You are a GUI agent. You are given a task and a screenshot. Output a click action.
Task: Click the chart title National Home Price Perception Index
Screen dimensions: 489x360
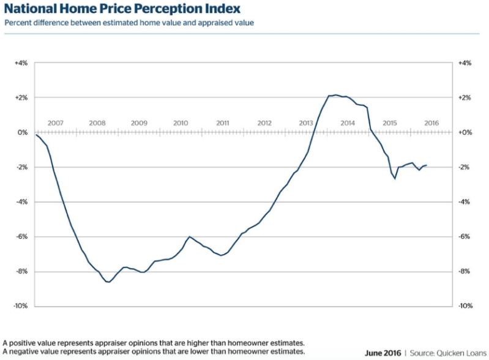122,9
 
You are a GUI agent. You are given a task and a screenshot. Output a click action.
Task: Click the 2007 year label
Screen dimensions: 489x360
55,123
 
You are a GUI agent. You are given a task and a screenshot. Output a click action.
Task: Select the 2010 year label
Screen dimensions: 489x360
181,123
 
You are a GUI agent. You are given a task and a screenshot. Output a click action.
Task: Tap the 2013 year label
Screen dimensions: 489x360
306,123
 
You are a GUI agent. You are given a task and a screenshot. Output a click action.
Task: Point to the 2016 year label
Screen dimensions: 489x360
431,123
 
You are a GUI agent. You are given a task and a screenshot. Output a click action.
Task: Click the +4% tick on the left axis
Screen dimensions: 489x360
21,63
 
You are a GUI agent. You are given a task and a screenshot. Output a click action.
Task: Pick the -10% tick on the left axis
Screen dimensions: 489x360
21,306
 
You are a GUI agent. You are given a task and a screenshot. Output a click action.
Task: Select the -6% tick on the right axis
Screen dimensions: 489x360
464,237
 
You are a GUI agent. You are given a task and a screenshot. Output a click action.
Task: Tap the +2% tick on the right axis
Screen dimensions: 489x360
465,97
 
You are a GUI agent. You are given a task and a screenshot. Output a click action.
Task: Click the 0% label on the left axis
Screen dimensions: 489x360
23,133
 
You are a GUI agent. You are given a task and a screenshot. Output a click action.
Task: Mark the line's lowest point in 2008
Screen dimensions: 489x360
108,282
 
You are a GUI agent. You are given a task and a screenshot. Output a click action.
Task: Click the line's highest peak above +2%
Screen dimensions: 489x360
335,95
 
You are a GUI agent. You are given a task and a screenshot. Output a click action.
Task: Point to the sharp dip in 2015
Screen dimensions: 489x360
395,178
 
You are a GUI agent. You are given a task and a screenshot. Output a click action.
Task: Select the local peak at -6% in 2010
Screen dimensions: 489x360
189,237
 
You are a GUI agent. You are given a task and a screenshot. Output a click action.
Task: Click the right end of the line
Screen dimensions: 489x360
427,165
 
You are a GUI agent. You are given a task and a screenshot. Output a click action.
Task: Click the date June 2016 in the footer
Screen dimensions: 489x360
383,353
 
